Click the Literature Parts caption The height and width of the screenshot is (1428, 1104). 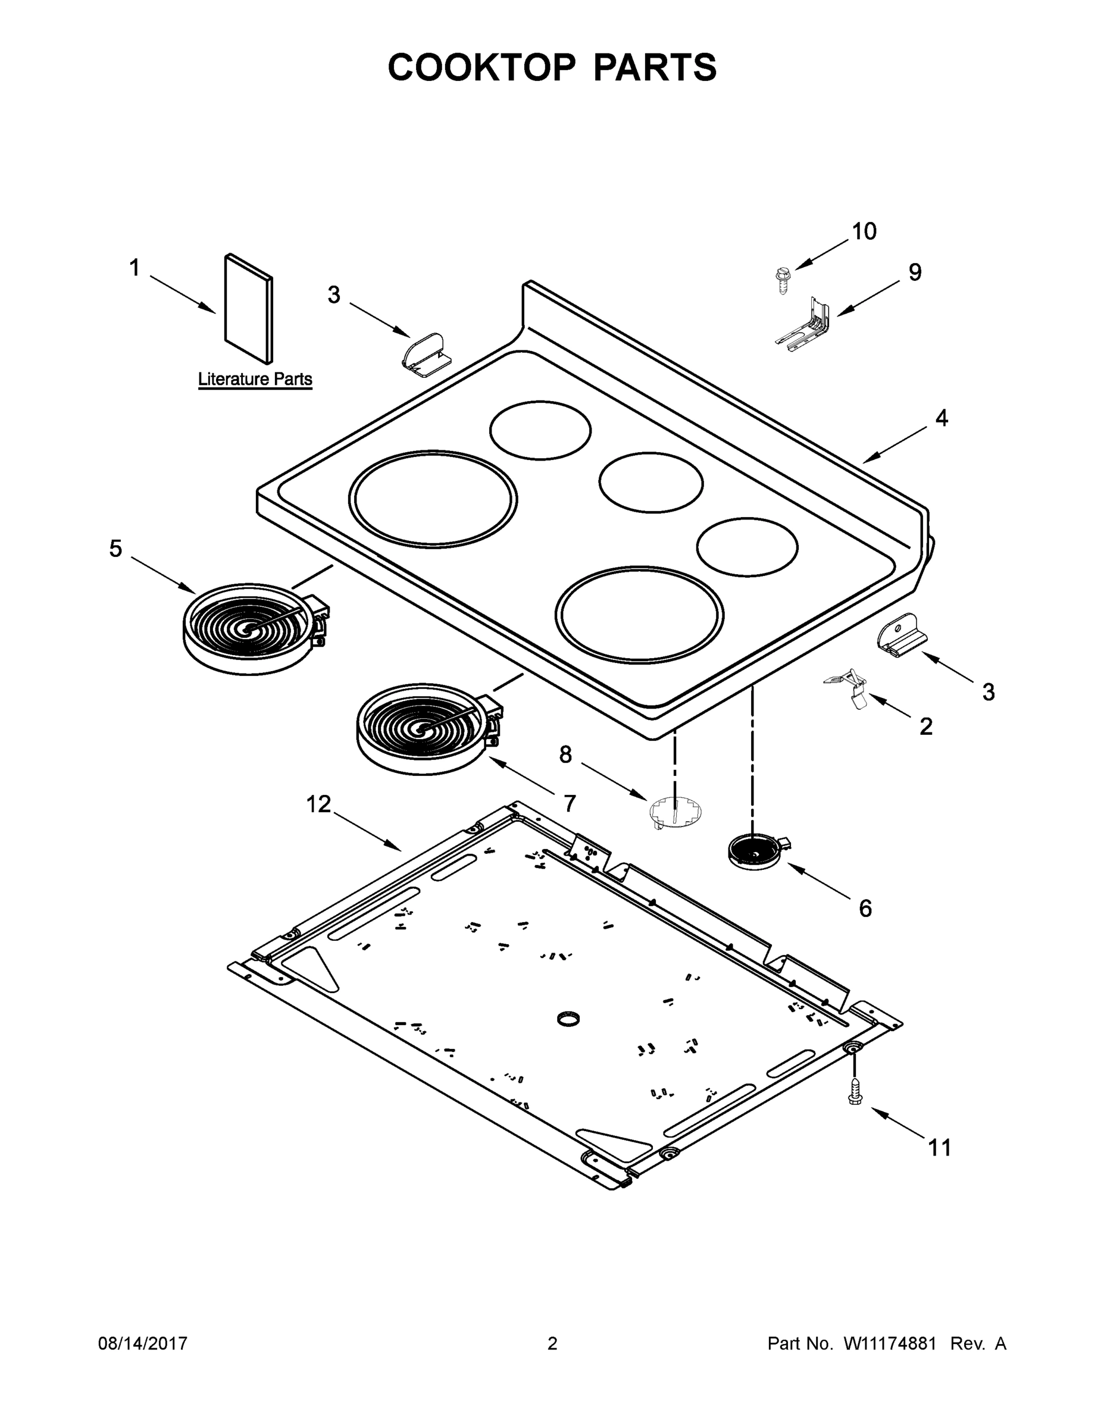coord(255,379)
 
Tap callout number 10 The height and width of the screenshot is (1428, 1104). coord(864,231)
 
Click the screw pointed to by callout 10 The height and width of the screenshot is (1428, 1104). coord(780,280)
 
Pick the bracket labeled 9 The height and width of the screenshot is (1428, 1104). coord(806,324)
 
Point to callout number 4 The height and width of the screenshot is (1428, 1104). coord(941,418)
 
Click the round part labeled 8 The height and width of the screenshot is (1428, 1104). coord(676,813)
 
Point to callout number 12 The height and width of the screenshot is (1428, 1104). coord(318,804)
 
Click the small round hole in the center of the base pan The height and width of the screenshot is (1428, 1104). coord(568,1019)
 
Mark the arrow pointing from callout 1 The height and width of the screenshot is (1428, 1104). coord(183,295)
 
